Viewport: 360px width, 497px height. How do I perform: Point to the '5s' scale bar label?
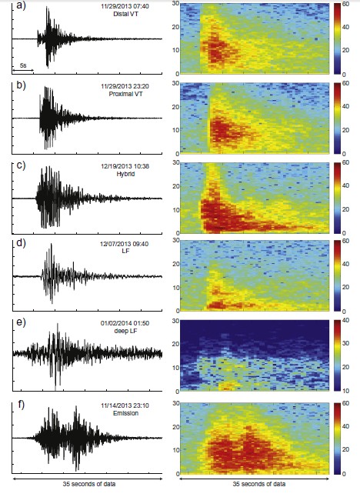24,66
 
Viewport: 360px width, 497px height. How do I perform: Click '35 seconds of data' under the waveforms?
86,485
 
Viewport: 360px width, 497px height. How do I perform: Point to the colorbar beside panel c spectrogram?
337,197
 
